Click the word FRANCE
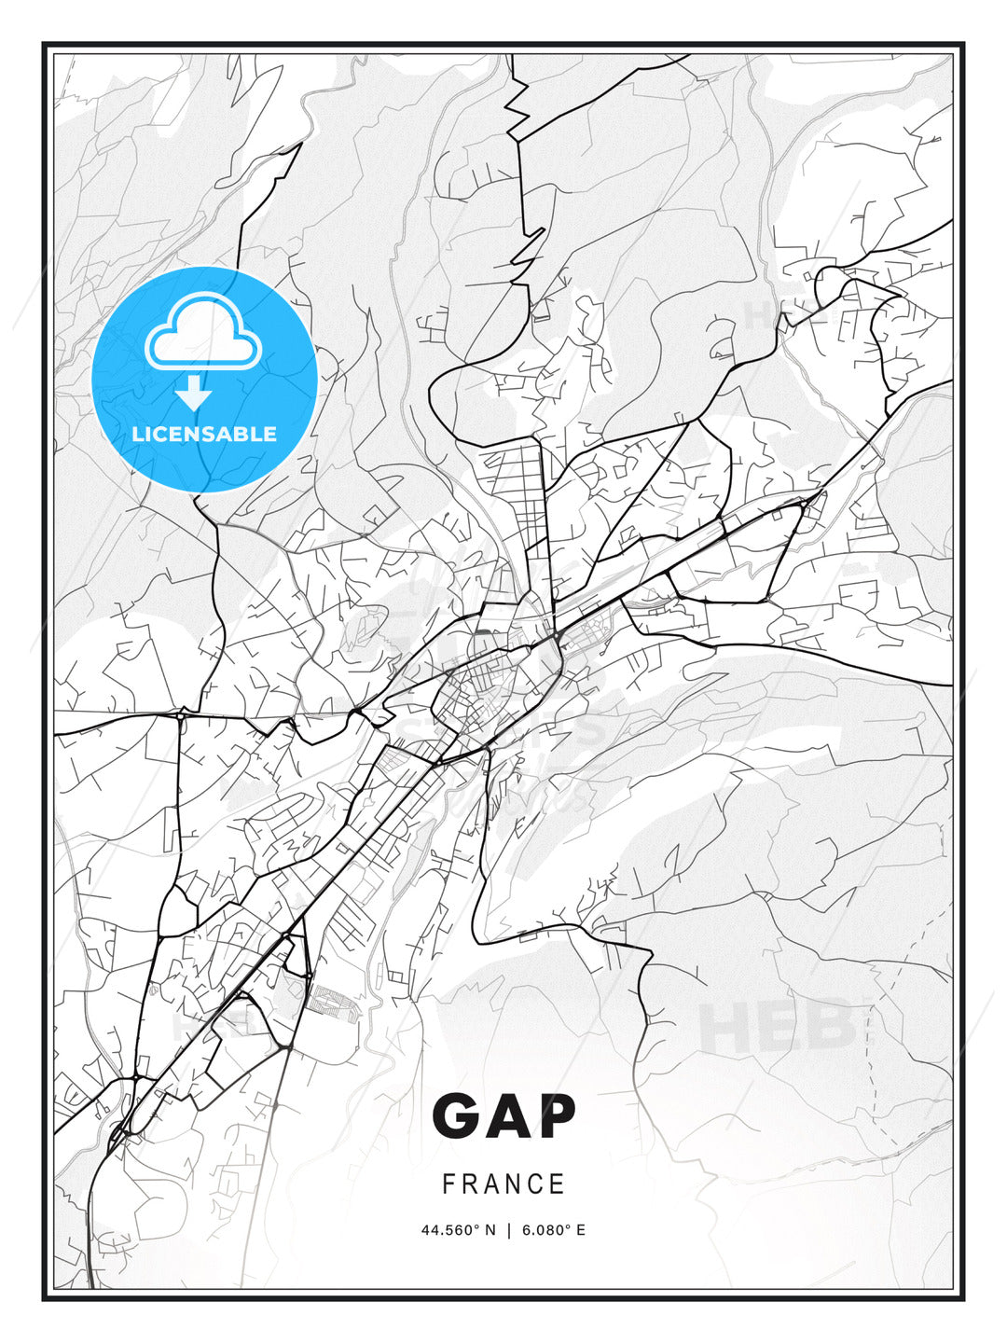click(504, 1184)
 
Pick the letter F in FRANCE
click(448, 1184)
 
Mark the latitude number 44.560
click(448, 1230)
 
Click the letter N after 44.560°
click(491, 1230)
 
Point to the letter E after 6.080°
click(581, 1230)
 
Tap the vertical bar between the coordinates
click(509, 1230)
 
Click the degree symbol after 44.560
click(478, 1226)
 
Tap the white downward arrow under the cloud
click(194, 394)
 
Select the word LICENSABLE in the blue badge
click(204, 434)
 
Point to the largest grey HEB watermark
click(779, 1026)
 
